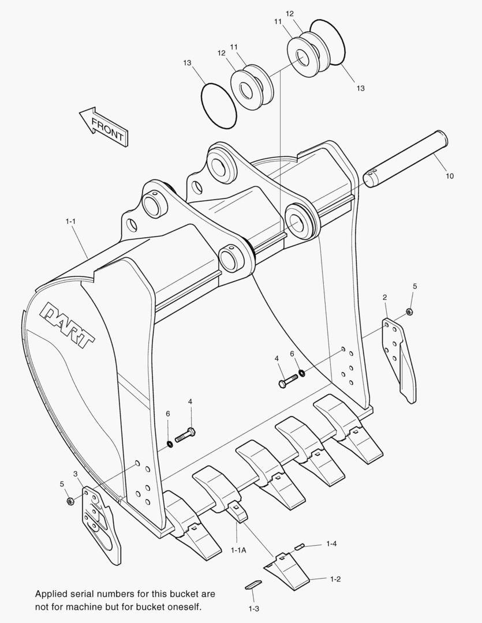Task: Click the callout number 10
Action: (449, 175)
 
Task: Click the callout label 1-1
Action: (71, 221)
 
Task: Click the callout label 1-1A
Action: (238, 550)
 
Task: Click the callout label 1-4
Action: (331, 543)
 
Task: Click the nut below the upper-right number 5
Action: (409, 311)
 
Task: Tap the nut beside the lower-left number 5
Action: (70, 501)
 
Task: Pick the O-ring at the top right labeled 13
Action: (328, 46)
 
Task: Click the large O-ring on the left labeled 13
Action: (218, 104)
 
